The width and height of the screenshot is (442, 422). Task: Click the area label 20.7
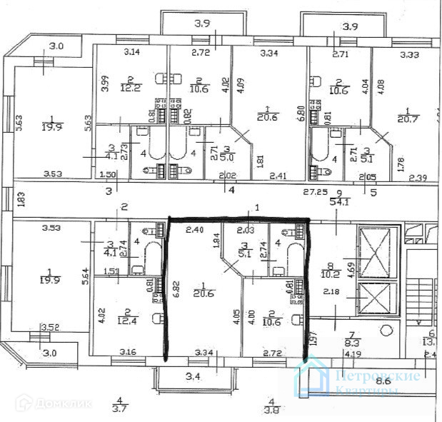pyautogui.click(x=408, y=118)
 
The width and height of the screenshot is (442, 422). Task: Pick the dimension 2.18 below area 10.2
pyautogui.click(x=332, y=291)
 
